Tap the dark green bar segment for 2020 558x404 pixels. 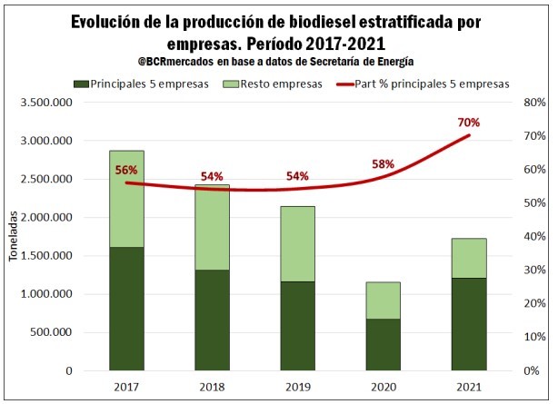[382, 344]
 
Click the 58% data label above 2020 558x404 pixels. [383, 164]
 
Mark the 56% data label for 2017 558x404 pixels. [126, 170]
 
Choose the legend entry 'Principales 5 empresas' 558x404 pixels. [134, 84]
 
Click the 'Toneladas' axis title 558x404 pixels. [14, 238]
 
